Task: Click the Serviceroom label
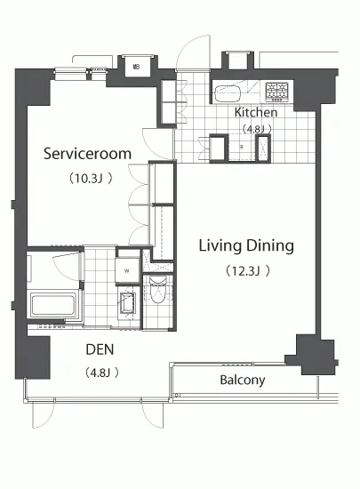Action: tap(87, 154)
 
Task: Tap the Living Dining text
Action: tap(246, 246)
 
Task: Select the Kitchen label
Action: tap(256, 112)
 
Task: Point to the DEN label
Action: tap(100, 349)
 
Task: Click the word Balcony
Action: tap(243, 381)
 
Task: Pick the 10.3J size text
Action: tap(91, 179)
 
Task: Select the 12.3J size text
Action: tap(247, 270)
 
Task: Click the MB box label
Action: tap(136, 67)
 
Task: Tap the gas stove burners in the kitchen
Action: tap(277, 92)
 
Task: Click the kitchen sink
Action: tap(228, 93)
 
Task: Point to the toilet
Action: tap(157, 290)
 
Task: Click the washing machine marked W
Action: tap(127, 270)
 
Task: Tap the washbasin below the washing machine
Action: tap(128, 302)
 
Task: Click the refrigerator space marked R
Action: tap(242, 148)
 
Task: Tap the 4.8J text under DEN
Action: tap(102, 373)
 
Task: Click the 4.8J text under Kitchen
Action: tap(257, 129)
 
